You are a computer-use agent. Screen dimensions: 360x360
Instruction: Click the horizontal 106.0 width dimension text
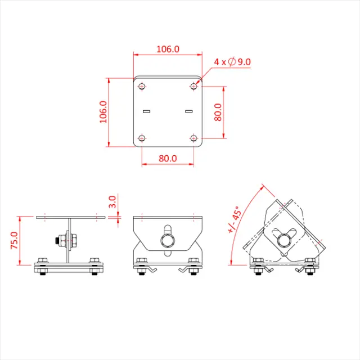pyautogui.click(x=168, y=49)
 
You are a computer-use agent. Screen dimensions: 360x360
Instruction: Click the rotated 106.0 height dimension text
pyautogui.click(x=103, y=112)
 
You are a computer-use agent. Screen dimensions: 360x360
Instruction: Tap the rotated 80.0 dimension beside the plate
pyautogui.click(x=218, y=112)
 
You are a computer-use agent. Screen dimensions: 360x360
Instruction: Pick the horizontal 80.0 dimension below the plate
pyautogui.click(x=168, y=158)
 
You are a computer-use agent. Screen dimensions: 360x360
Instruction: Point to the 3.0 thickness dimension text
pyautogui.click(x=112, y=201)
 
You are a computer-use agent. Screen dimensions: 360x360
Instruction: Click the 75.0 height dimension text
pyautogui.click(x=14, y=240)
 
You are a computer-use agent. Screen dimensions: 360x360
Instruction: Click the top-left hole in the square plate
pyautogui.click(x=142, y=86)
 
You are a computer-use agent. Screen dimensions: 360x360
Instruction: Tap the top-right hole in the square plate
pyautogui.click(x=193, y=86)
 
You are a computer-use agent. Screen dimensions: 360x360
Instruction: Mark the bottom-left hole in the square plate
pyautogui.click(x=142, y=138)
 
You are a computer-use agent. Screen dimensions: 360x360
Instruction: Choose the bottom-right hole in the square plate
pyautogui.click(x=193, y=138)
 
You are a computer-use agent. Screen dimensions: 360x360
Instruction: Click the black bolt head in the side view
pyautogui.click(x=57, y=241)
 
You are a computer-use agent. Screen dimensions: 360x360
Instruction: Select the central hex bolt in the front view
pyautogui.click(x=168, y=241)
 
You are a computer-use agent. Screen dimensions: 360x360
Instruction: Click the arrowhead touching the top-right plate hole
pyautogui.click(x=197, y=83)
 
